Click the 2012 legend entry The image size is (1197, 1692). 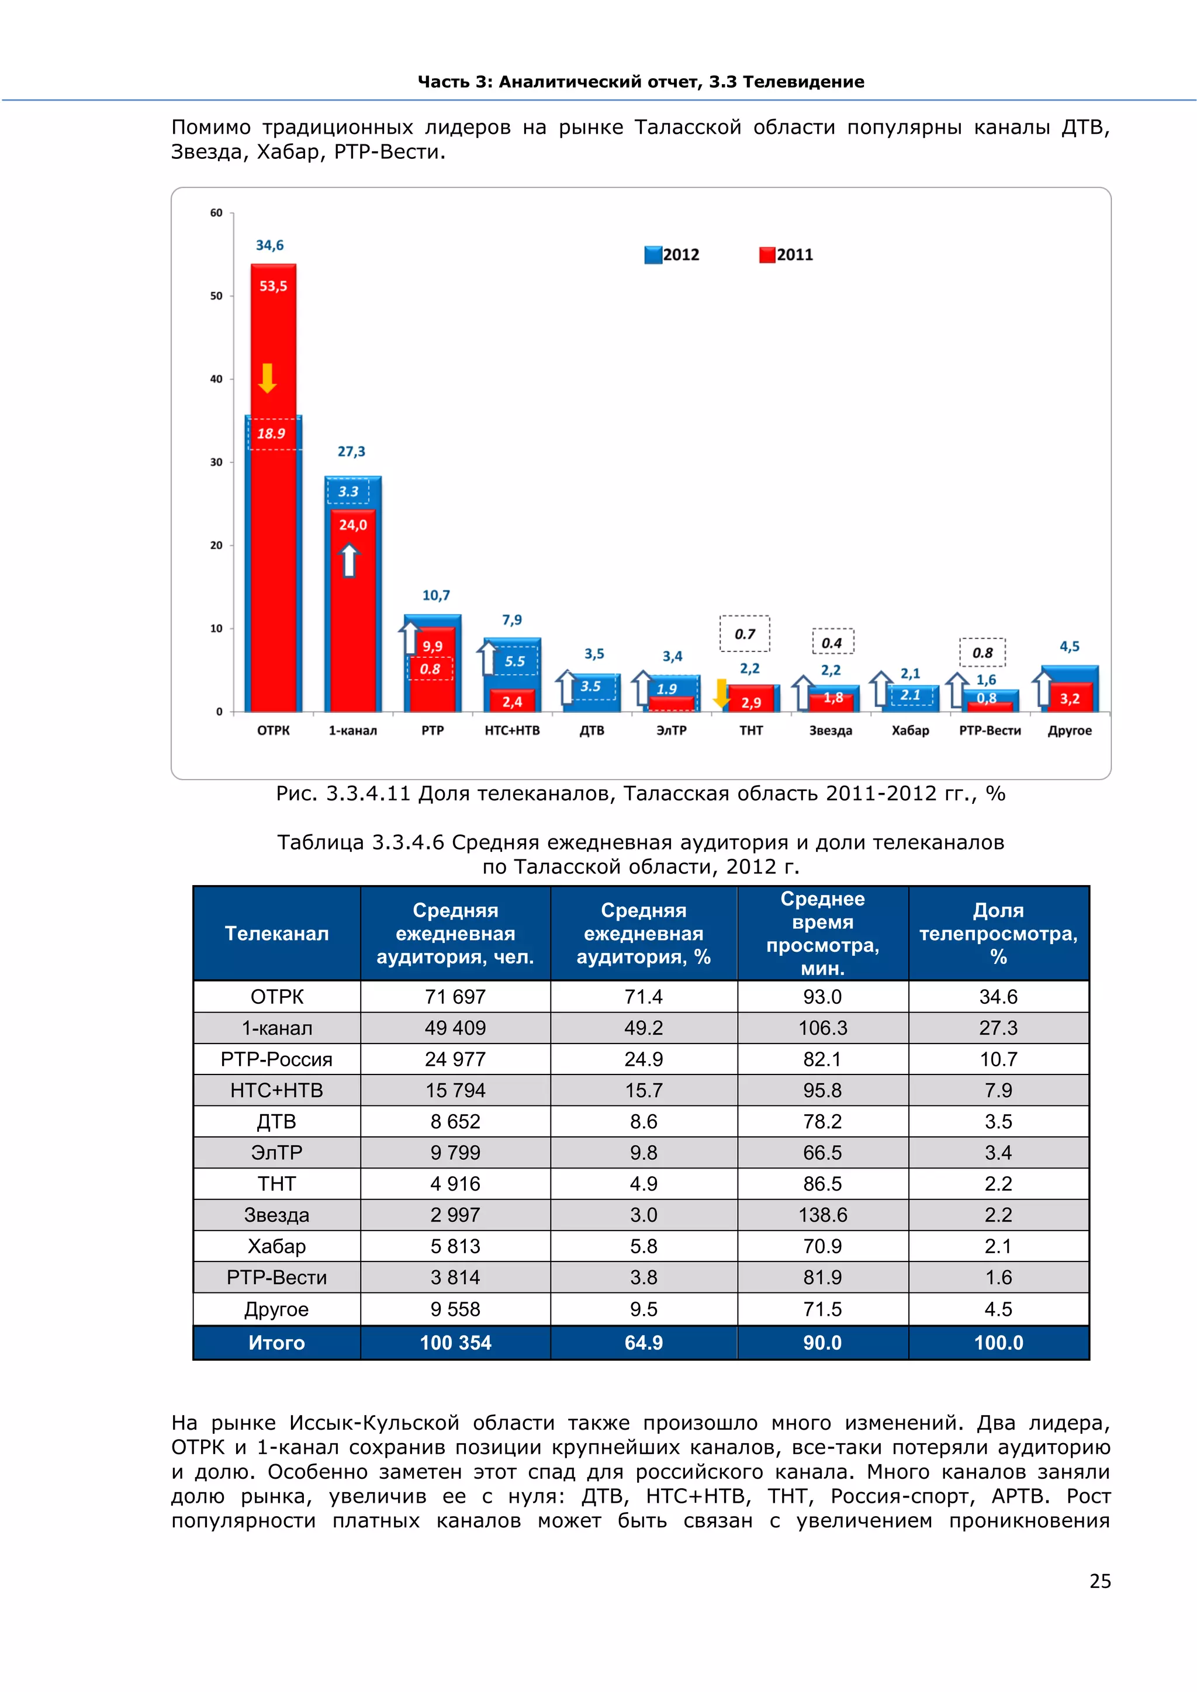point(672,255)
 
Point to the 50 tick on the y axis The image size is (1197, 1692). point(216,296)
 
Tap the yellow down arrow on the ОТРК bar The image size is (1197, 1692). point(268,378)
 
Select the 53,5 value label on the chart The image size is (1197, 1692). point(273,286)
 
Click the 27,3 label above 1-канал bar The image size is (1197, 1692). point(352,452)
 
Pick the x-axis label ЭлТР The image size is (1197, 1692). point(672,730)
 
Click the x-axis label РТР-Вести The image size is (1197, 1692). point(990,730)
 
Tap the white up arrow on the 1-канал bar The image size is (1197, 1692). point(350,560)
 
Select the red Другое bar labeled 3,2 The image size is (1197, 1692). point(1070,698)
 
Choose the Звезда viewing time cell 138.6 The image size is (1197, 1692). point(822,1215)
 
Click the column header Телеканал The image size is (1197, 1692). point(276,934)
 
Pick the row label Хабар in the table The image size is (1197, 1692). point(276,1246)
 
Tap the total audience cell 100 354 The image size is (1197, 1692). point(455,1343)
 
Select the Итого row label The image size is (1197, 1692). point(276,1343)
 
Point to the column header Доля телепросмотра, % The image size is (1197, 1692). point(998,934)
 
